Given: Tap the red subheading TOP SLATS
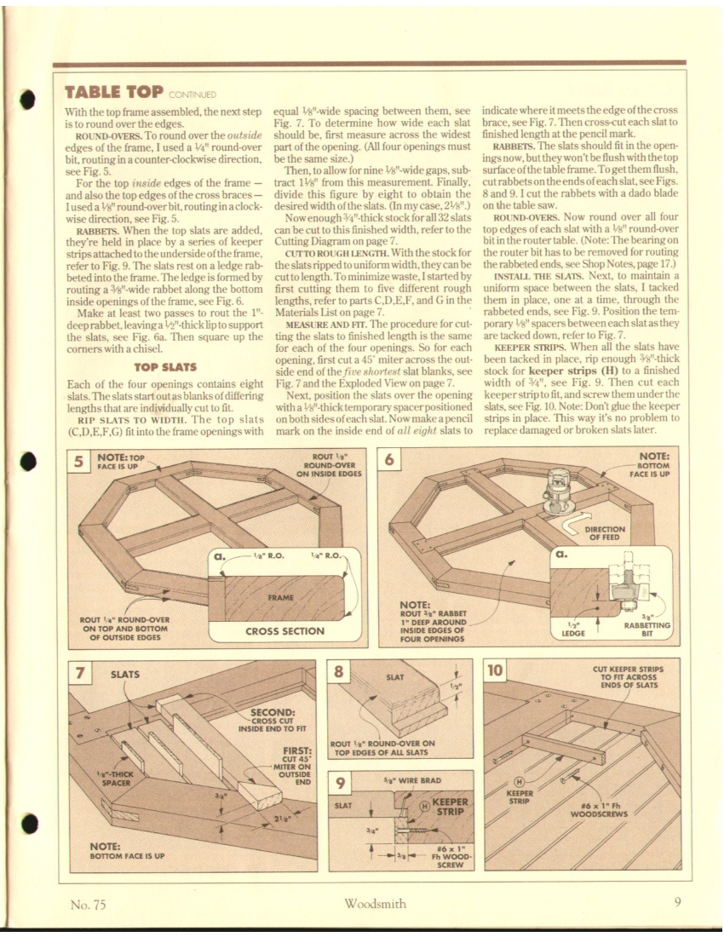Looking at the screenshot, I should click(x=165, y=367).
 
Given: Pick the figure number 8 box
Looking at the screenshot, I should click(x=340, y=671).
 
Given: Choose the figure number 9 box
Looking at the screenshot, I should click(x=340, y=784).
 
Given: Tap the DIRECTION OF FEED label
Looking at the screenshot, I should click(x=607, y=533).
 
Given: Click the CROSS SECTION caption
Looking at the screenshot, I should click(x=284, y=631).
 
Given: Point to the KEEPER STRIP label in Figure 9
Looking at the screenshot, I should click(x=450, y=807).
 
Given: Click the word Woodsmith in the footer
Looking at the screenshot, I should click(x=375, y=904).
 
